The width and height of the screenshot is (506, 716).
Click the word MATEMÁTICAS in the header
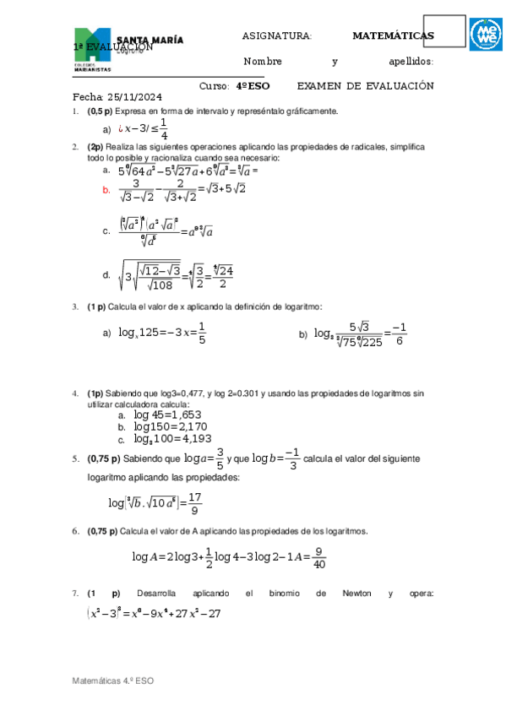click(x=393, y=35)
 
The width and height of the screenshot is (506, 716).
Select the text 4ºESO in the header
click(x=253, y=86)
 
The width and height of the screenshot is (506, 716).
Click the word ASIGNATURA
click(x=276, y=35)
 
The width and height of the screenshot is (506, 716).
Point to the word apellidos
click(x=411, y=62)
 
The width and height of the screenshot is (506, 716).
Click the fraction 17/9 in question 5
click(x=195, y=503)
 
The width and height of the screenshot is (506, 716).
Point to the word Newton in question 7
click(x=356, y=594)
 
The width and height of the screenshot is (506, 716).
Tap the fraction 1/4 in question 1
click(x=163, y=129)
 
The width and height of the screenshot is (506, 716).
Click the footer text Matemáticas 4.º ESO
click(x=112, y=681)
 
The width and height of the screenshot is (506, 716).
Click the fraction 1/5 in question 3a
click(x=202, y=334)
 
